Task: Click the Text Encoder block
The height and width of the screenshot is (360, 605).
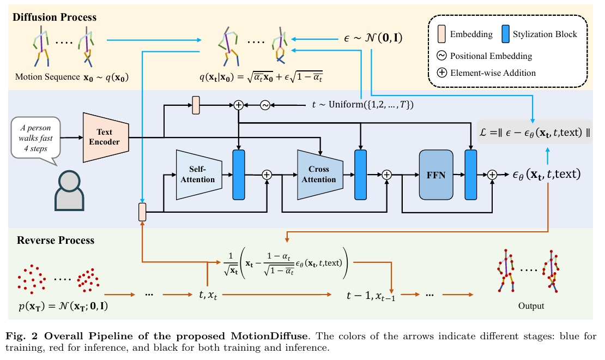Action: coord(105,137)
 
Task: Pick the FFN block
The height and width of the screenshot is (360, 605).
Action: coord(435,175)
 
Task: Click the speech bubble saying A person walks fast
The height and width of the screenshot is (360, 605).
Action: coord(37,139)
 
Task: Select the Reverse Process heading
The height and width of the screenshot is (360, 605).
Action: coord(56,240)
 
